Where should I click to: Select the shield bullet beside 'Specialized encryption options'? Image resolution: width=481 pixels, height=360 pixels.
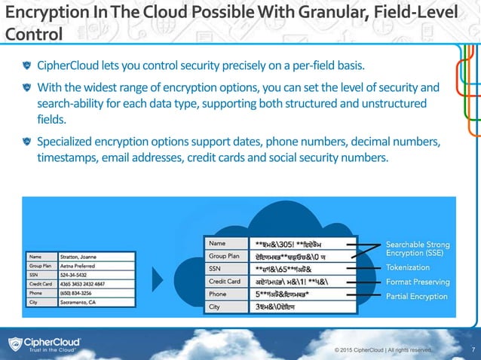(28, 142)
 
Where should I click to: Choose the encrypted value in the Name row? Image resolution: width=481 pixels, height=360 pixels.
(298, 244)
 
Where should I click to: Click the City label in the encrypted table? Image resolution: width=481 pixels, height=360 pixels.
(214, 307)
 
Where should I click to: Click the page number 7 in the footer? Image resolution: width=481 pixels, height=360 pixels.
(471, 348)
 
